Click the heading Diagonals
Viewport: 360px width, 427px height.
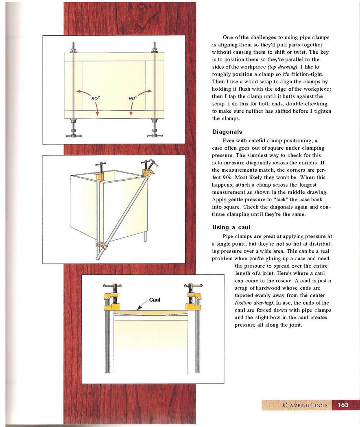227,132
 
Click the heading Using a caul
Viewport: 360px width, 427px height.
231,227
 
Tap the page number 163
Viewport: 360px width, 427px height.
343,405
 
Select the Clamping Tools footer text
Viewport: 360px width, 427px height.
305,405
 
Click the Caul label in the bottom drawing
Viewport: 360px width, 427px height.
155,300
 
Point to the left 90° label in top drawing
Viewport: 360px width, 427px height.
96,98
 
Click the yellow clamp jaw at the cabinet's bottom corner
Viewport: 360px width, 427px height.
100,245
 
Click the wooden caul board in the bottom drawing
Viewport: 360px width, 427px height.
151,312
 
